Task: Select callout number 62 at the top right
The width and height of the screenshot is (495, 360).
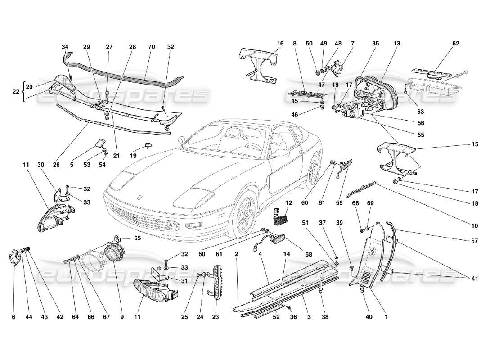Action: click(456, 44)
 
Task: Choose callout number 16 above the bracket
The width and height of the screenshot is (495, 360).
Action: click(279, 44)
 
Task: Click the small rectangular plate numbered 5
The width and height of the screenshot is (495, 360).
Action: click(99, 145)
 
